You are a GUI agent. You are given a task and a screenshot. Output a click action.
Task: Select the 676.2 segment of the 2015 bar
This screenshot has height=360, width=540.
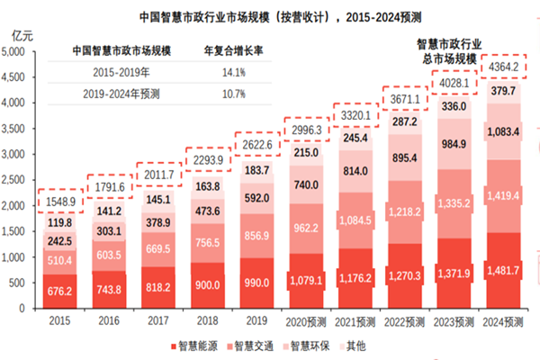point(60,291)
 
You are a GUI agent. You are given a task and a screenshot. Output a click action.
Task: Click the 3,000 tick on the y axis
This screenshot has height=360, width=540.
point(20,155)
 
